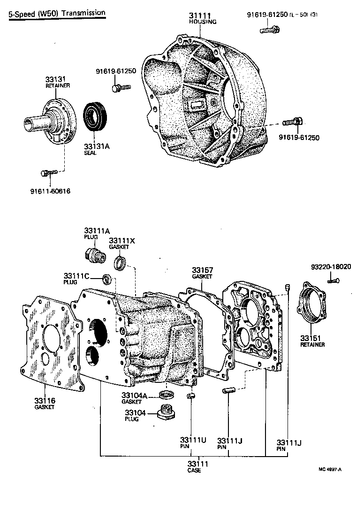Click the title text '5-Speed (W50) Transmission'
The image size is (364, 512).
pyautogui.click(x=57, y=13)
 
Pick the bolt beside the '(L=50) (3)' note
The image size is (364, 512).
pyautogui.click(x=269, y=30)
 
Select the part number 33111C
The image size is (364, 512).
pyautogui.click(x=76, y=276)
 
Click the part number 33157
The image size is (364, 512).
pyautogui.click(x=202, y=271)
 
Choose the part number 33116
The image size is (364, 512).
pyautogui.click(x=45, y=400)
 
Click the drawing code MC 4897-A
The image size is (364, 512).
pyautogui.click(x=330, y=468)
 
